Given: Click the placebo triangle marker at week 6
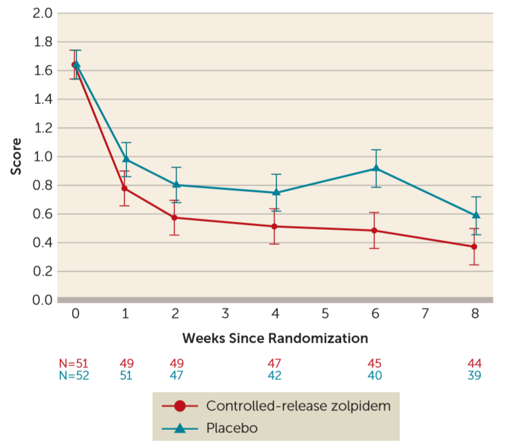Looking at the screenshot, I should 376,168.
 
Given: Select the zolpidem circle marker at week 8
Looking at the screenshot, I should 475,247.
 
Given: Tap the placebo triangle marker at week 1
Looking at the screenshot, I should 125,159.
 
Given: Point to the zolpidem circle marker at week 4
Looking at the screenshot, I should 275,226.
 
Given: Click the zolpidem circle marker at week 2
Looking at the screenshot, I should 175,217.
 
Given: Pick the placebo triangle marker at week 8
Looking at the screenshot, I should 476,215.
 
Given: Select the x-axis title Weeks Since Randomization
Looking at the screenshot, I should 275,338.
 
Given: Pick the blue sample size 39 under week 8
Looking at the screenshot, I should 475,376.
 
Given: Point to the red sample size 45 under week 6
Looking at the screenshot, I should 374,364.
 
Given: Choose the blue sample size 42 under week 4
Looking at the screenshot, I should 275,376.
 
